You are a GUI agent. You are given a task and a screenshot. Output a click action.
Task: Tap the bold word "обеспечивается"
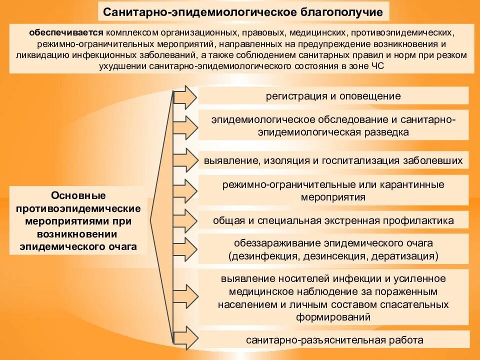[66, 33]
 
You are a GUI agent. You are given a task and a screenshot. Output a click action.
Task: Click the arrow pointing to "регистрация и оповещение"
[185, 96]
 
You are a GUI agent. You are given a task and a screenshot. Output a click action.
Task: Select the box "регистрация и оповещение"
[333, 96]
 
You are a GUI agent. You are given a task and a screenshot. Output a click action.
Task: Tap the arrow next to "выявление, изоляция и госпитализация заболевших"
[185, 160]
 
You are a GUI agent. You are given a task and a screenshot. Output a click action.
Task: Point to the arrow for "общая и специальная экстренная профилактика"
[185, 220]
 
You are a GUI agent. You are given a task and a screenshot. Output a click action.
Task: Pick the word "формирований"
[333, 316]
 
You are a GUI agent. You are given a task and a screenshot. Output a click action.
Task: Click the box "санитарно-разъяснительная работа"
[333, 340]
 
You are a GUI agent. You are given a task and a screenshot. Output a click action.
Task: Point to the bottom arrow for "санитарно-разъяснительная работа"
[185, 338]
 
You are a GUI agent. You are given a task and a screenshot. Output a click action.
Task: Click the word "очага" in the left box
[122, 246]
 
